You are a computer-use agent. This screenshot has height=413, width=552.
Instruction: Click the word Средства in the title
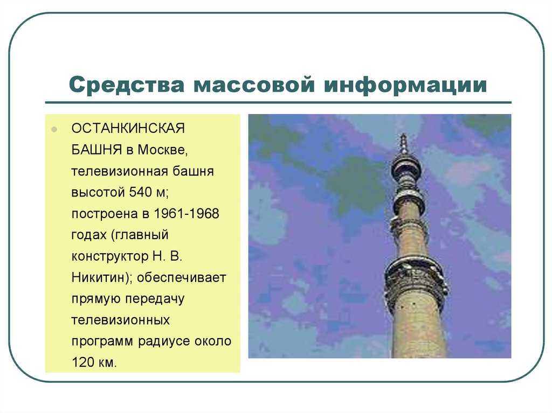pyautogui.click(x=126, y=85)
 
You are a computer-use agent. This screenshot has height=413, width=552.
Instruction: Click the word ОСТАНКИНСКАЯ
pyautogui.click(x=128, y=128)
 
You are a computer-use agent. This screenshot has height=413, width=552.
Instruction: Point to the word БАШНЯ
pyautogui.click(x=97, y=150)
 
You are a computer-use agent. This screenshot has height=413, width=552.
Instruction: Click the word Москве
pyautogui.click(x=163, y=150)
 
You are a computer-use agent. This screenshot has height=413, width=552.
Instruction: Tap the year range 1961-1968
pyautogui.click(x=187, y=214)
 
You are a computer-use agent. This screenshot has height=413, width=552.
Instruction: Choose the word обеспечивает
pyautogui.click(x=181, y=277)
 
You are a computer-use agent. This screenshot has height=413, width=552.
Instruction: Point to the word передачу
pyautogui.click(x=155, y=299)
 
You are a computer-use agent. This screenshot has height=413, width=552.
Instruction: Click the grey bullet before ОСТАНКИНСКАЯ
pyautogui.click(x=54, y=129)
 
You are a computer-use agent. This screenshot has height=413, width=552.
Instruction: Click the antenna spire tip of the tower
pyautogui.click(x=403, y=135)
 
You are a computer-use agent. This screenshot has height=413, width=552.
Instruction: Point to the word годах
pyautogui.click(x=89, y=235)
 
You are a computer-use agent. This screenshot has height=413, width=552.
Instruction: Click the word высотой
pyautogui.click(x=98, y=192)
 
